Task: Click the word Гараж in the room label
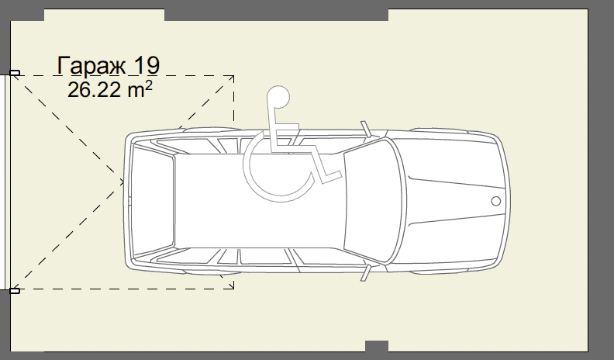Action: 92,65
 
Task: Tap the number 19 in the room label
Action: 147,65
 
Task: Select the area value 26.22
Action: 94,90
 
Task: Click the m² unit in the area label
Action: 140,89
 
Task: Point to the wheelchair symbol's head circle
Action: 278,97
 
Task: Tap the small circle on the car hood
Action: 495,201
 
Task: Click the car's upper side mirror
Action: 366,129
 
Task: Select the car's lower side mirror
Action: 366,272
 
